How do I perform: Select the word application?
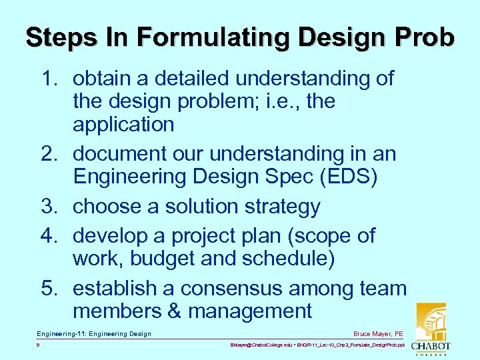tap(123, 125)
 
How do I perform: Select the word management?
tap(250, 311)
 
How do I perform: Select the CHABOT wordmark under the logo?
tap(431, 347)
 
